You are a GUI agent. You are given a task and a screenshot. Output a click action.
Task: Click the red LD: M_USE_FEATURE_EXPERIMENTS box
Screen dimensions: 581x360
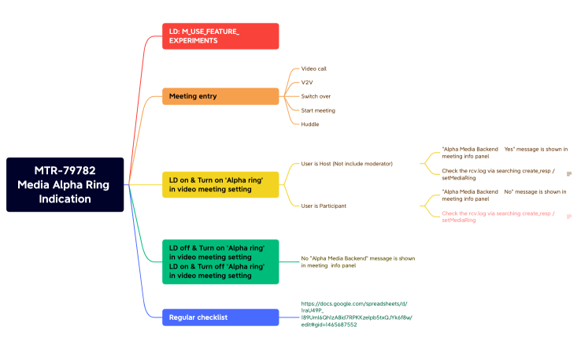[x=220, y=36]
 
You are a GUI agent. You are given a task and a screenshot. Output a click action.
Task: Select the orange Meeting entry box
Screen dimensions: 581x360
[x=220, y=96]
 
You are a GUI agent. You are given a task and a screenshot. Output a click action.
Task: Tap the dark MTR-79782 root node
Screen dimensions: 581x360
[x=65, y=184]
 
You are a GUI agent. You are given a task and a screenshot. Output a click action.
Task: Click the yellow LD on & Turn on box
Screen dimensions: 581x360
[x=220, y=184]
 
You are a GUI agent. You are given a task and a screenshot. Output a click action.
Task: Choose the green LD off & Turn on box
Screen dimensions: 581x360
[x=220, y=262]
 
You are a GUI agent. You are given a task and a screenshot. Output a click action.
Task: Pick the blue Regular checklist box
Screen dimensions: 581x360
[x=220, y=317]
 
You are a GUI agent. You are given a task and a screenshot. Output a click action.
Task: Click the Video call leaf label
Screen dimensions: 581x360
[x=314, y=69]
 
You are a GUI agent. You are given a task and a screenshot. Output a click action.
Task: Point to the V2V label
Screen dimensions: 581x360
[x=307, y=82]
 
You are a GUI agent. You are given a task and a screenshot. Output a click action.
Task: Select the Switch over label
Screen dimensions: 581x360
[x=316, y=96]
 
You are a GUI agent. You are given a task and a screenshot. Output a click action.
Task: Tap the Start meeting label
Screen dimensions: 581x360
[x=318, y=110]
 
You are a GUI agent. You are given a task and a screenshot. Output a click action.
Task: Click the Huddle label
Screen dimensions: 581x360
[x=309, y=124]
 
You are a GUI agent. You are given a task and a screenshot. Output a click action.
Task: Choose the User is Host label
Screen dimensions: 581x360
[x=347, y=164]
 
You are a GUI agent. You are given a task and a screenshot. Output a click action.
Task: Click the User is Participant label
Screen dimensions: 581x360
[x=324, y=206]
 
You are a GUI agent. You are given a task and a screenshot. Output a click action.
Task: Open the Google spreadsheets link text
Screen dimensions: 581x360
[x=357, y=314]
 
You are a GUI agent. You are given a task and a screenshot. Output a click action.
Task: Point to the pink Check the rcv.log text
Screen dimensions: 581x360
[x=498, y=217]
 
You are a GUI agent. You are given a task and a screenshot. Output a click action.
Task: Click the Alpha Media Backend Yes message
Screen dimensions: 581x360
[x=505, y=153]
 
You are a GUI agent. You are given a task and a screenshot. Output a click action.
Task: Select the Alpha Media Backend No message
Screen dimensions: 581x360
[x=504, y=195]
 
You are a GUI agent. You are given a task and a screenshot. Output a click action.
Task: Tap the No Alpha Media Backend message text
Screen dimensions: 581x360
[x=358, y=262]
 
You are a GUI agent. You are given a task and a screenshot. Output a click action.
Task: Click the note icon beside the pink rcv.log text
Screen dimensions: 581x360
[x=569, y=217]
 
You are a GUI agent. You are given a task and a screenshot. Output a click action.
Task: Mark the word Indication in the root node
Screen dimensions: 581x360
[x=65, y=199]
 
